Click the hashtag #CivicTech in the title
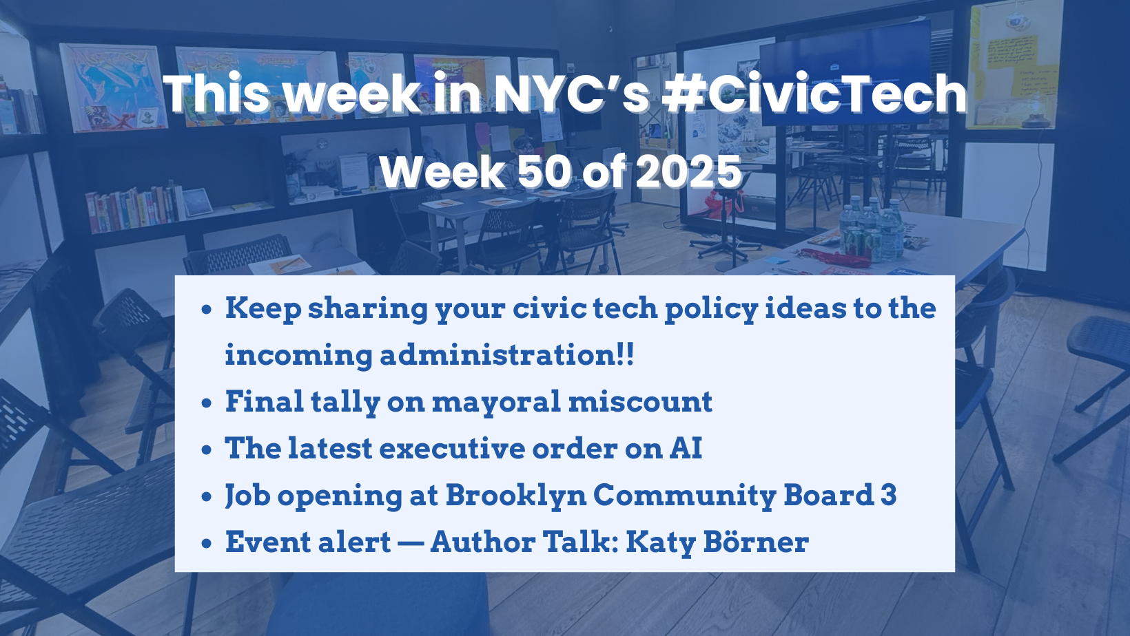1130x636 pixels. [x=814, y=94]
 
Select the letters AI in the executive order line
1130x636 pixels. [x=686, y=449]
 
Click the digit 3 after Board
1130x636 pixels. [x=888, y=496]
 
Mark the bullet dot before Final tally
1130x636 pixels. [x=207, y=403]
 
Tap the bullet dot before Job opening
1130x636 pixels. [x=207, y=497]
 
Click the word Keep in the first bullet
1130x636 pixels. [x=263, y=308]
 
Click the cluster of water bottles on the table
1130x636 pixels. [x=870, y=227]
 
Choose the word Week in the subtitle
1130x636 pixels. [x=442, y=172]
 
